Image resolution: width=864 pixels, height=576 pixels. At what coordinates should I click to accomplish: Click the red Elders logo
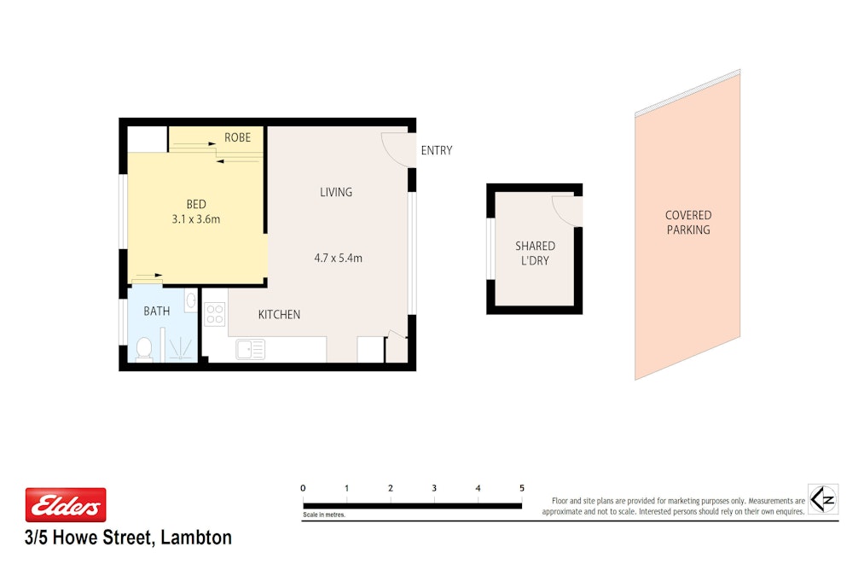point(66,504)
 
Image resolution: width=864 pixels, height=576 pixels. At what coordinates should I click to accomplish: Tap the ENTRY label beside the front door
point(437,150)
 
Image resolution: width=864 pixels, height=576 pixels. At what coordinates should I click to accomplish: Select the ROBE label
point(237,137)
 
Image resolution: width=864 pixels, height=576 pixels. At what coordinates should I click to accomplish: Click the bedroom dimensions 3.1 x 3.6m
point(195,219)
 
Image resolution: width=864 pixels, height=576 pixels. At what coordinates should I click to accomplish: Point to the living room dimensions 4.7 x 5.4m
point(339,258)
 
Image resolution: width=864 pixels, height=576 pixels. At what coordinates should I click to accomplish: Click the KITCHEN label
point(280,315)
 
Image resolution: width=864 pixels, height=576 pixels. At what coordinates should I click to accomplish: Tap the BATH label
point(156,311)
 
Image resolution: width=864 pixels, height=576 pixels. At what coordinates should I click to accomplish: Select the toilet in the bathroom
point(144,349)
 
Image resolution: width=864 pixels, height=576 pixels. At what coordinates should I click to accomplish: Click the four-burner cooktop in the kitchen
point(215,314)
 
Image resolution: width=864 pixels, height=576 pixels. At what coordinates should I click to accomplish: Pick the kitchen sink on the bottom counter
point(250,350)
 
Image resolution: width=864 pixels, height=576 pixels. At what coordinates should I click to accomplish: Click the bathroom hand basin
point(191,300)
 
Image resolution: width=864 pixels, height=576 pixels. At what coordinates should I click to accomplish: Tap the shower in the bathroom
point(180,346)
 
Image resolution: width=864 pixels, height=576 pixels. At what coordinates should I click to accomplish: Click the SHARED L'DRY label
point(535,253)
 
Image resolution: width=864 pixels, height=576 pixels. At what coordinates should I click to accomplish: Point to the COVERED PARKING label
point(688,223)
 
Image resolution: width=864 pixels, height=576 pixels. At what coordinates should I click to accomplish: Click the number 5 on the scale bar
point(522,488)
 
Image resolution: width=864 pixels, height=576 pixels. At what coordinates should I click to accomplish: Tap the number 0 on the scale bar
point(303,488)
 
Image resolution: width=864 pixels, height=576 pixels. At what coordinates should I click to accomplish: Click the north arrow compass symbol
point(823,499)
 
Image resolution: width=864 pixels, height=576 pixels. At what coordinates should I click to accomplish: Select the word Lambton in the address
point(196,538)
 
